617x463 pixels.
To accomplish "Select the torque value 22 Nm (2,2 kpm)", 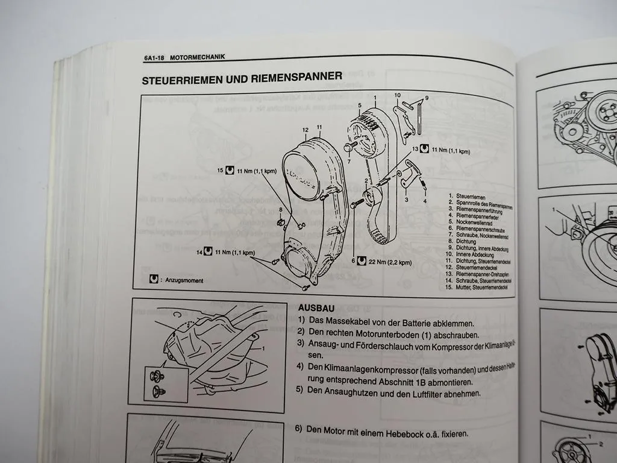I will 391,262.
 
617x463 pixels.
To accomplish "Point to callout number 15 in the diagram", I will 221,171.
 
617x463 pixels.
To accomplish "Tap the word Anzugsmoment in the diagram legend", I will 185,280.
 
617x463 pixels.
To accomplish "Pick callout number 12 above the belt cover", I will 305,129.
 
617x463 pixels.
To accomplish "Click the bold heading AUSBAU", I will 316,307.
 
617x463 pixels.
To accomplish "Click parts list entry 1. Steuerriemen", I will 472,196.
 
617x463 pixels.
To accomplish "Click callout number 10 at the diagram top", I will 397,95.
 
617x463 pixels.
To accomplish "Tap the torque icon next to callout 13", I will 424,148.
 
